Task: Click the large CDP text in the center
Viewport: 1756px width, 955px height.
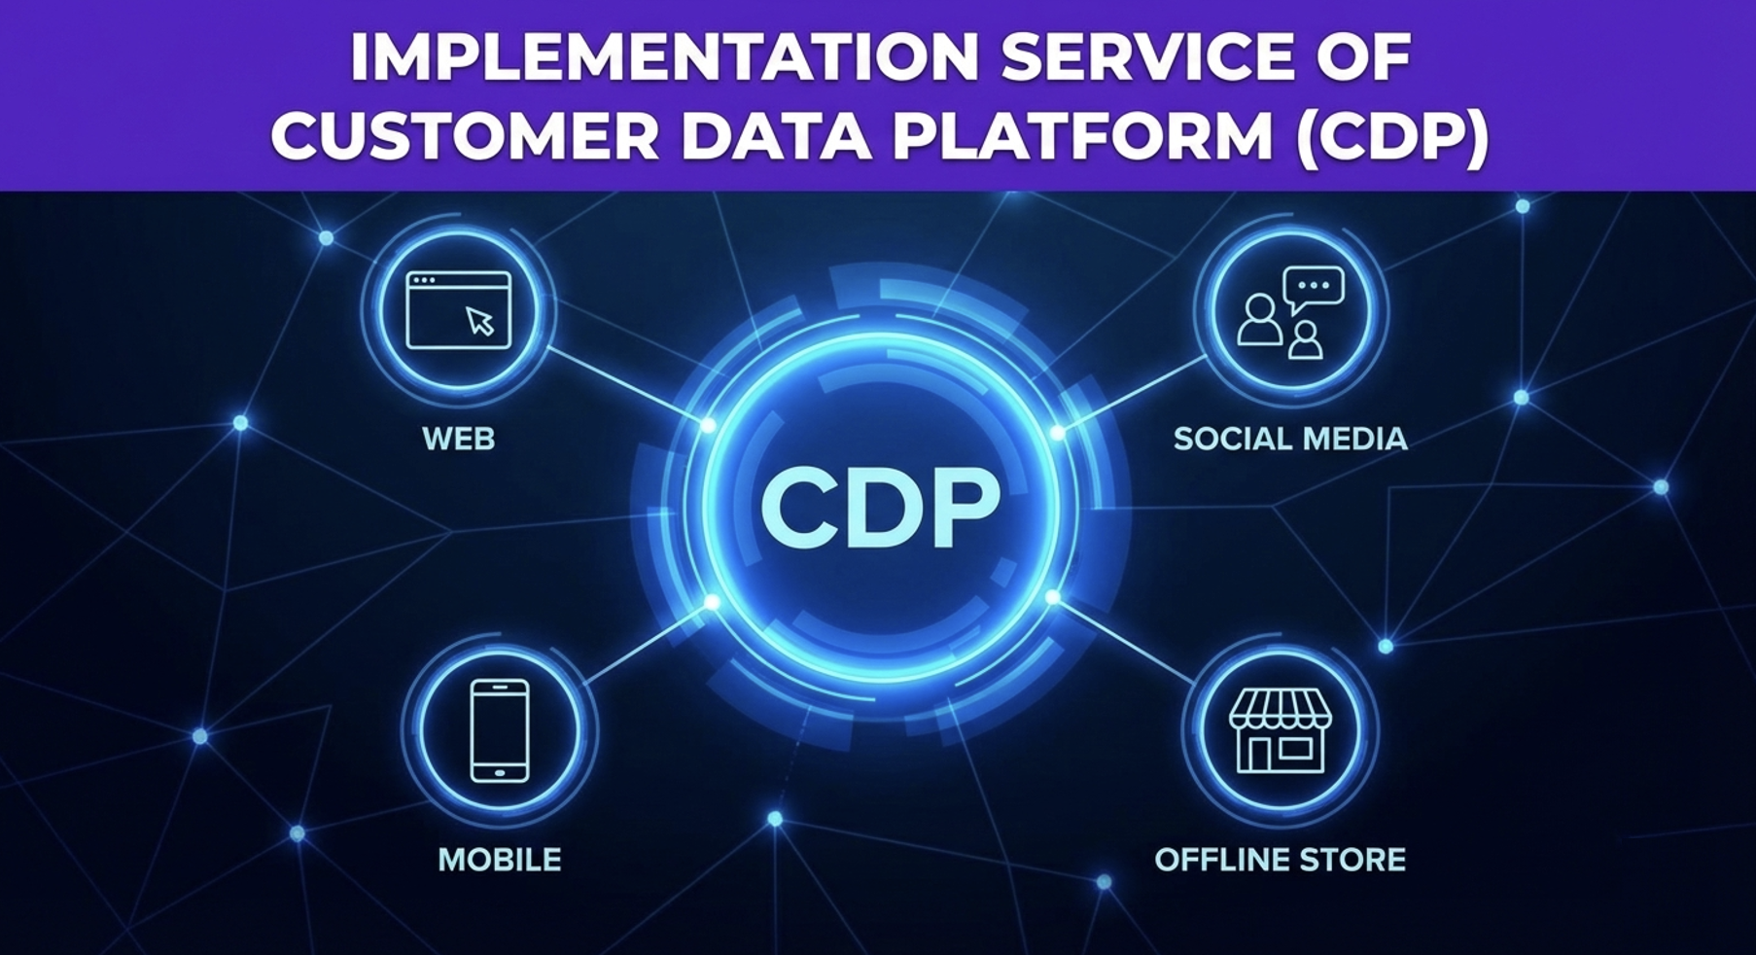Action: pos(880,508)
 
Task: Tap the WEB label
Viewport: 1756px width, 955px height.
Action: pos(459,439)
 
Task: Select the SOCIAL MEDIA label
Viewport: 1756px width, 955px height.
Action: pos(1290,439)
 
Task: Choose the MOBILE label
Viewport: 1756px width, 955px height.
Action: pos(500,860)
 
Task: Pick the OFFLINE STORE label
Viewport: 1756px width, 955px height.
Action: pos(1280,860)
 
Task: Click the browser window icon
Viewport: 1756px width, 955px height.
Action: pos(458,309)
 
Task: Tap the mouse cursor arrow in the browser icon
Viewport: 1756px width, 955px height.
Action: pos(480,321)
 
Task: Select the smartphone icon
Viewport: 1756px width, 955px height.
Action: pos(500,730)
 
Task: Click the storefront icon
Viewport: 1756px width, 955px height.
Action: pos(1280,731)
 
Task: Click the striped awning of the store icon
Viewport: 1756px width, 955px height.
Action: pos(1280,709)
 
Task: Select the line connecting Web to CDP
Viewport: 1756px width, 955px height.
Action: pos(628,386)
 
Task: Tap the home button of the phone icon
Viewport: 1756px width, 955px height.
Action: pos(500,773)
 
